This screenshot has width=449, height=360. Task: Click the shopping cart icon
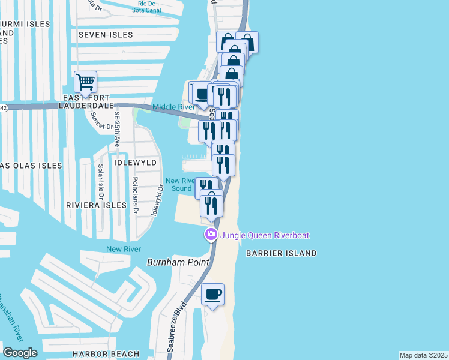click(x=85, y=81)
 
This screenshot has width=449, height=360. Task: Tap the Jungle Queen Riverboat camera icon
click(x=211, y=235)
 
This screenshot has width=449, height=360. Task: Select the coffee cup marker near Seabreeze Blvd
click(x=212, y=295)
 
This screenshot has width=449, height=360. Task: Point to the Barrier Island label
click(x=281, y=253)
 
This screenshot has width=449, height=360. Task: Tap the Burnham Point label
click(x=178, y=262)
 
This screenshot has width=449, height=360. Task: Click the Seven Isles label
click(x=105, y=35)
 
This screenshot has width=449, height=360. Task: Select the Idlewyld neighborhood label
click(x=136, y=163)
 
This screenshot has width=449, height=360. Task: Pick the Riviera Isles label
click(x=97, y=205)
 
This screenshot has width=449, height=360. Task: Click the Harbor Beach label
click(x=106, y=354)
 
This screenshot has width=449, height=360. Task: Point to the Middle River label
click(x=173, y=107)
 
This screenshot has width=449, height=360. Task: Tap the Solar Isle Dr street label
click(x=101, y=182)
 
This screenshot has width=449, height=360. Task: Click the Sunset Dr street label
click(x=101, y=123)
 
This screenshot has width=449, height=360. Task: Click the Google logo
click(x=20, y=353)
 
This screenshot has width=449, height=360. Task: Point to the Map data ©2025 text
click(x=424, y=355)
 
